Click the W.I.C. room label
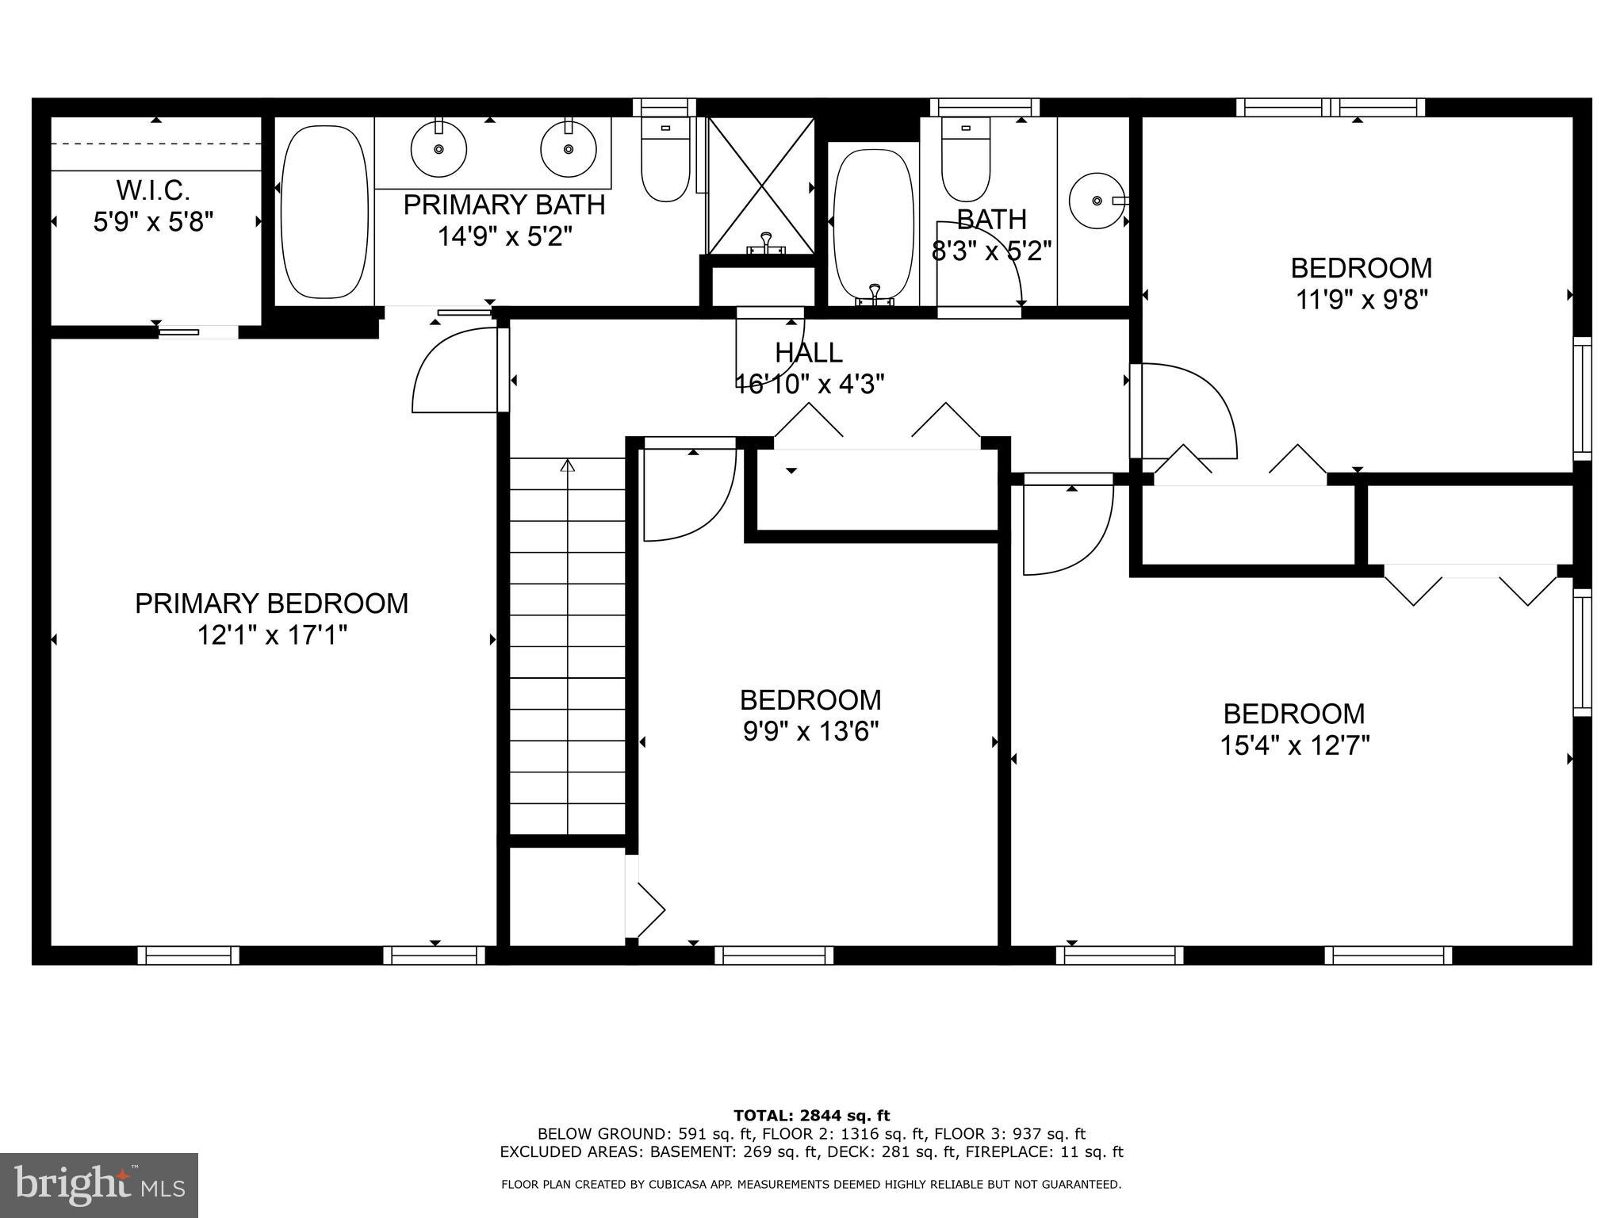pos(153,190)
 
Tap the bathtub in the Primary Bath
pos(324,212)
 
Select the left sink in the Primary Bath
pos(438,149)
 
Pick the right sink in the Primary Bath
pos(568,149)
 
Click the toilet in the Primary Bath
pos(665,163)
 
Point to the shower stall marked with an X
pos(760,187)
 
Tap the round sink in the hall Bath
pos(1097,201)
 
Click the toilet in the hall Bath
pos(965,163)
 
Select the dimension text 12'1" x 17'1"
pos(272,635)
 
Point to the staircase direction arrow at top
pos(567,465)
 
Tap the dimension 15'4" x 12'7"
pos(1294,745)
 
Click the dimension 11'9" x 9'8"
pos(1362,300)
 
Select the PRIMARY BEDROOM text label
pos(272,603)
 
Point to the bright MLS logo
pos(99,1185)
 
